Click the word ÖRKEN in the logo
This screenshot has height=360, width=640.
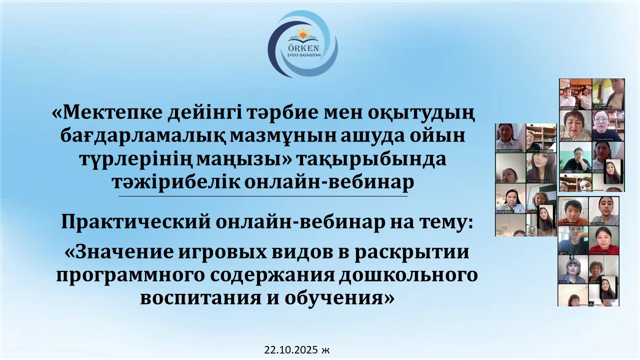(302, 47)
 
